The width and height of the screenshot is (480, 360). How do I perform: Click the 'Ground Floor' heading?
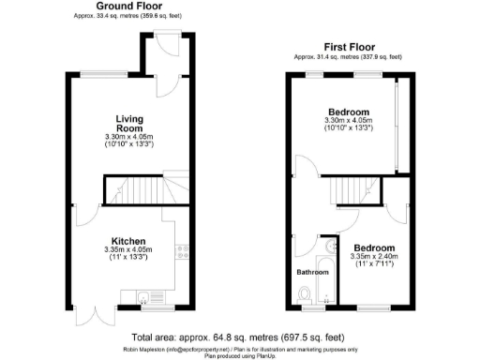[x=126, y=7]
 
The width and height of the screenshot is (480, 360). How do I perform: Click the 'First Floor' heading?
[x=349, y=46]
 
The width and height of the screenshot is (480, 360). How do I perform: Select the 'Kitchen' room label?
[x=129, y=240]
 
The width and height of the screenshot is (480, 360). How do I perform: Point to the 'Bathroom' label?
[x=313, y=272]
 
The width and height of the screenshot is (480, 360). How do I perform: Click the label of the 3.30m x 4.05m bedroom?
[x=348, y=112]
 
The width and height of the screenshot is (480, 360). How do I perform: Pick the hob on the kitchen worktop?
[x=183, y=250]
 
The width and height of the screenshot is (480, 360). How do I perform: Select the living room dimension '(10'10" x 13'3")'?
[x=129, y=145]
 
